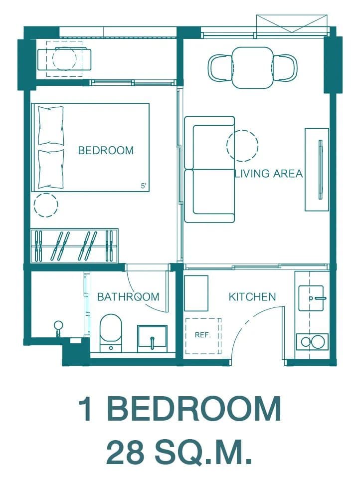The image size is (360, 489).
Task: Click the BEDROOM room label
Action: [x=106, y=150]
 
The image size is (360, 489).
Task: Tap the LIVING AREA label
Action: [x=269, y=174]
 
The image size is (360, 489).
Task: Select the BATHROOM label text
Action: [x=128, y=296]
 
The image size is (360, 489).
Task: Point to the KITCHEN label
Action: [x=252, y=296]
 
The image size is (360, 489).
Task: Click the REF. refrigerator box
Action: [x=203, y=336]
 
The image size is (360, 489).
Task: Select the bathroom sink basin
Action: [x=153, y=336]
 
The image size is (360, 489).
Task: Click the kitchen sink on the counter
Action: [x=311, y=298]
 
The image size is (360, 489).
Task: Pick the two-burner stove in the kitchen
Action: [x=312, y=342]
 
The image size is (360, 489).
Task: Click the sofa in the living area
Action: [x=209, y=169]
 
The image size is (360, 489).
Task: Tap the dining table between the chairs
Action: [x=252, y=67]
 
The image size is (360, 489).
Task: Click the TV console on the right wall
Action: [x=317, y=169]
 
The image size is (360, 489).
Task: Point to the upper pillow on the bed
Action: [x=50, y=126]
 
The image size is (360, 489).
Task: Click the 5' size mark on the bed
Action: [x=144, y=186]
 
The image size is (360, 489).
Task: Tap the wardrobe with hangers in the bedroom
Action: [x=74, y=245]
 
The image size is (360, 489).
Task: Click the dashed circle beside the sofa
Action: [x=242, y=145]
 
